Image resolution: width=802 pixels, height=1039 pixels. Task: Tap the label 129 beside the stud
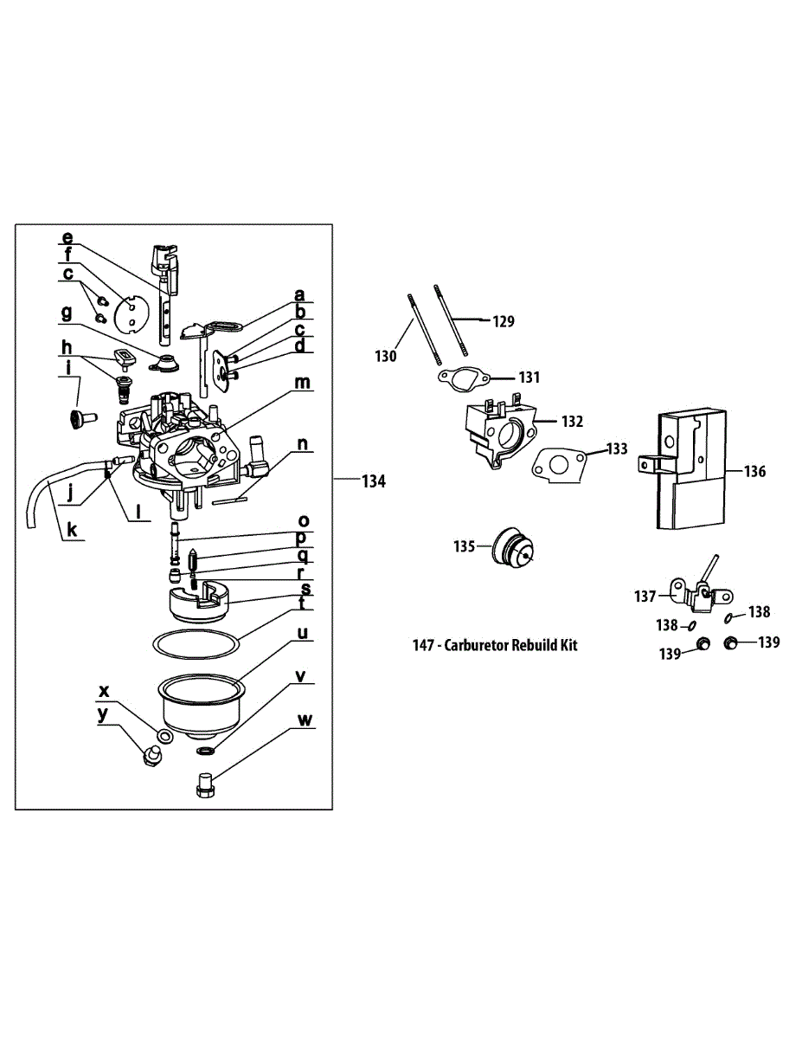point(504,321)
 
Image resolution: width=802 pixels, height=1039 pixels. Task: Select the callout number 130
point(385,356)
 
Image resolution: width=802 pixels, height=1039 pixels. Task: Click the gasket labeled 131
point(465,378)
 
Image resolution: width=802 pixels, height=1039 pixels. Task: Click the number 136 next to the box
point(754,472)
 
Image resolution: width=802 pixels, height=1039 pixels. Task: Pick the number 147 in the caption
point(424,645)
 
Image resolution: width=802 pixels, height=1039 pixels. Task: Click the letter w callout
point(304,720)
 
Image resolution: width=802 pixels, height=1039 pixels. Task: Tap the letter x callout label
point(105,691)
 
